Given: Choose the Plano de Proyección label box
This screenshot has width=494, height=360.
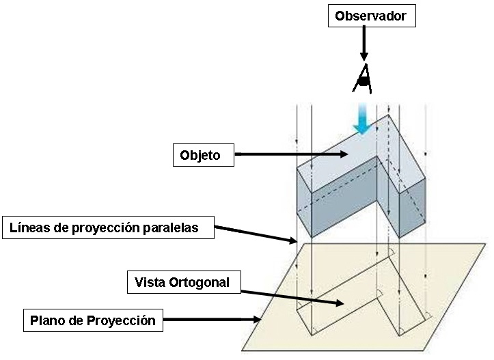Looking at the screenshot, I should pyautogui.click(x=93, y=320).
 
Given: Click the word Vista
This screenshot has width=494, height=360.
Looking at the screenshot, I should pyautogui.click(x=150, y=281).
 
